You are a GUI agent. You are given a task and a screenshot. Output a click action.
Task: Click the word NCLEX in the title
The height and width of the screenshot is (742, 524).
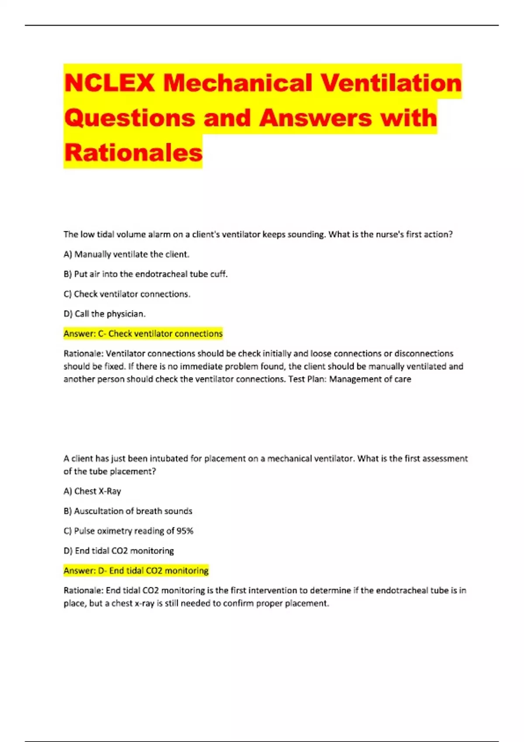109,83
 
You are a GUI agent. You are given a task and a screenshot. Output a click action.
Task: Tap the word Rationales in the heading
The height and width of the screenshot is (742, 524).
133,153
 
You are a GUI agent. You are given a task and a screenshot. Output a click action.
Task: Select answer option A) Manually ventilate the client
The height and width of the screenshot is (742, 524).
126,254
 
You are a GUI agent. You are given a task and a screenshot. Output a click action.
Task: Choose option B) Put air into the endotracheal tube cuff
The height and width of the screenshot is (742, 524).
145,274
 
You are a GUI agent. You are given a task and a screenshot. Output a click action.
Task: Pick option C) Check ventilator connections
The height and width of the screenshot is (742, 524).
127,294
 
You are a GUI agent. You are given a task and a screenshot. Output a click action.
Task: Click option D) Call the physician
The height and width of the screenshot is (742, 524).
104,314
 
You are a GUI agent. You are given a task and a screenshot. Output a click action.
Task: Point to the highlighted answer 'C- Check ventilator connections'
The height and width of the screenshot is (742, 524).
143,334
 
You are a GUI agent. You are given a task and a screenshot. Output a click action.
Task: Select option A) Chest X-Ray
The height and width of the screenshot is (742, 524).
92,491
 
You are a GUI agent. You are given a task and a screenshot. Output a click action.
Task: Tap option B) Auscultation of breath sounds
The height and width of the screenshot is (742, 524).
128,511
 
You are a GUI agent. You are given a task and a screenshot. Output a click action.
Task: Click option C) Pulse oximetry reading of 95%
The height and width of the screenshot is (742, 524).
128,531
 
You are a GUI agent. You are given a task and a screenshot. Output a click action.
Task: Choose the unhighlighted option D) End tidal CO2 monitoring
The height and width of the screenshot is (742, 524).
118,551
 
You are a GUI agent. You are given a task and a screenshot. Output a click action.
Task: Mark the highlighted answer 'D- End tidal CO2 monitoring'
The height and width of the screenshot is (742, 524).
136,571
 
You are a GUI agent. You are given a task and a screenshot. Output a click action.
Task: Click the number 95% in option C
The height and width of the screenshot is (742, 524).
185,531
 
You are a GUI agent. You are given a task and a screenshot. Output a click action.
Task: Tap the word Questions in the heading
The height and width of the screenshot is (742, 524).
130,118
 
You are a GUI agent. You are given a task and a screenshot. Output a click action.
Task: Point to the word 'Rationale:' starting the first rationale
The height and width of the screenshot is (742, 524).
83,354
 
